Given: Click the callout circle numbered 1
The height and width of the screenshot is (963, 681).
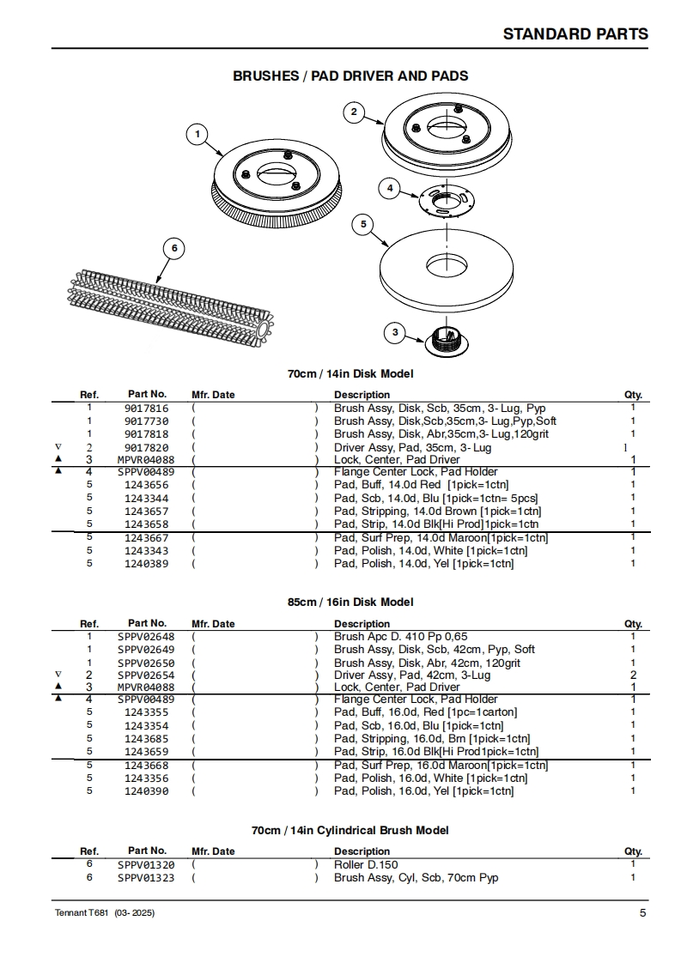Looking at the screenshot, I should (x=198, y=134).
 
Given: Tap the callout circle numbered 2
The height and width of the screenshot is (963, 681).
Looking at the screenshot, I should (x=354, y=112).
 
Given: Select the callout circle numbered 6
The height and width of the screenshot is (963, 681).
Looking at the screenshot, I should (x=173, y=249).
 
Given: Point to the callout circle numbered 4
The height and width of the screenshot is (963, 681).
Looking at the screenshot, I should (x=390, y=188).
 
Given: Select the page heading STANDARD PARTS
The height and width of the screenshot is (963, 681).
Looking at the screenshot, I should (x=575, y=34).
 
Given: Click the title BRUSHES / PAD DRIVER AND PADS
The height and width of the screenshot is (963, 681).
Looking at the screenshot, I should (x=350, y=76).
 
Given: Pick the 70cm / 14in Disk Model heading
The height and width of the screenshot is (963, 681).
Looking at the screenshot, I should (x=350, y=373).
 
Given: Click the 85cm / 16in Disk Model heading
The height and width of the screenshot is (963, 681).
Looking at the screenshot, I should (x=350, y=602).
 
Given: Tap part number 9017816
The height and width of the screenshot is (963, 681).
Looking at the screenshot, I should (x=146, y=409).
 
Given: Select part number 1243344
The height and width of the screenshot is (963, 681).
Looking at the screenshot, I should (x=146, y=498).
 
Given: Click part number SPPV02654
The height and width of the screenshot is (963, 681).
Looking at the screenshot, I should (x=146, y=675).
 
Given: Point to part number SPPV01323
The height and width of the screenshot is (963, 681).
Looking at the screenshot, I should (x=146, y=877).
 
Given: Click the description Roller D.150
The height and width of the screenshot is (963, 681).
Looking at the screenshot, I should (x=366, y=864).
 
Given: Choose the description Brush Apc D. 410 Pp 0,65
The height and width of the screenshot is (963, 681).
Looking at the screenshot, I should (x=400, y=636).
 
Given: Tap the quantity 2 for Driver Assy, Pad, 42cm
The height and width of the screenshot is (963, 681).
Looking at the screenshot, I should (x=633, y=675).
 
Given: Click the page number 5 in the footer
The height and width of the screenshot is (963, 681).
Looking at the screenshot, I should (x=642, y=912).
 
